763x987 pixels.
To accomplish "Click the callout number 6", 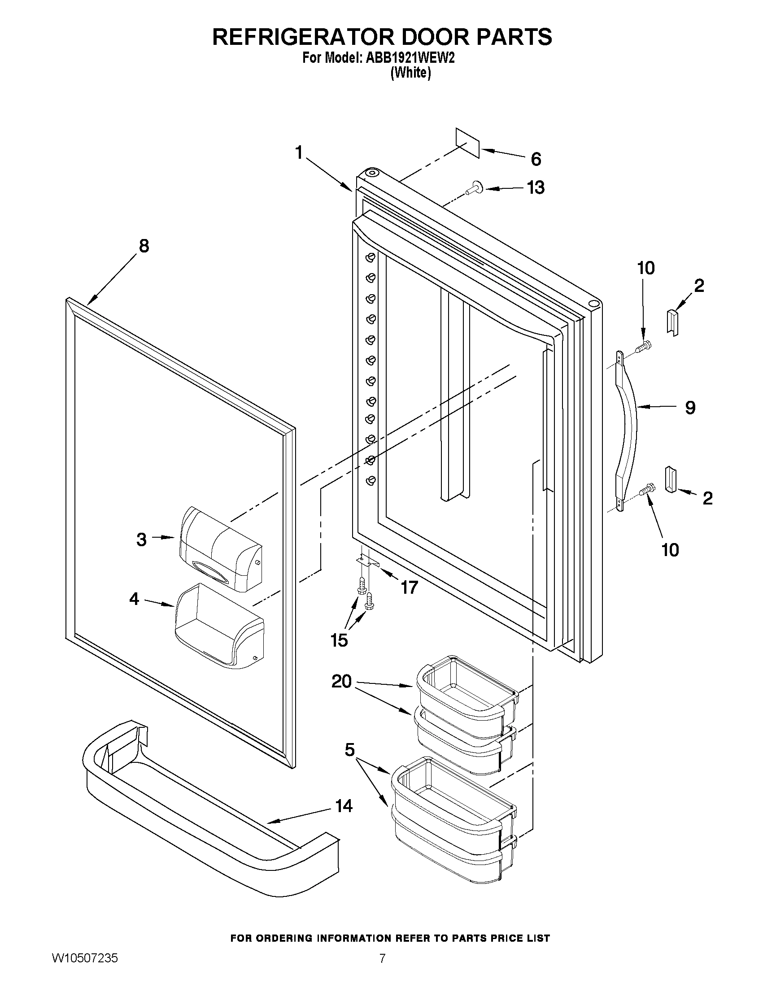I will (536, 159).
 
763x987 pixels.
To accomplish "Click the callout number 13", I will (536, 187).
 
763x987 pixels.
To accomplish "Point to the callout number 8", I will (144, 246).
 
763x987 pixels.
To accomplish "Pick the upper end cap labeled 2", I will (673, 322).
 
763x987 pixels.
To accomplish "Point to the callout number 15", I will (340, 640).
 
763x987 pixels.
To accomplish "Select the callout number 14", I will (344, 806).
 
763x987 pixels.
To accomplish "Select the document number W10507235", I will (84, 970).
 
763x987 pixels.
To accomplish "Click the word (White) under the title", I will (410, 72).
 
